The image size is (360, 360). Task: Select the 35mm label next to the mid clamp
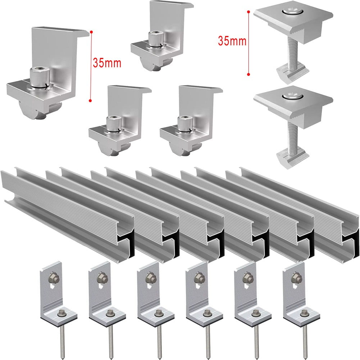(232, 41)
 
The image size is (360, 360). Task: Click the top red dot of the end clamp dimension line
(91, 32)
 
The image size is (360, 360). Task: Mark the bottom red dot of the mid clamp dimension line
(249, 74)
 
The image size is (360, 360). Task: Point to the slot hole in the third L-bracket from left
(149, 286)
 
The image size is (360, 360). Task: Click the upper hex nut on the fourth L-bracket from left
(197, 276)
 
